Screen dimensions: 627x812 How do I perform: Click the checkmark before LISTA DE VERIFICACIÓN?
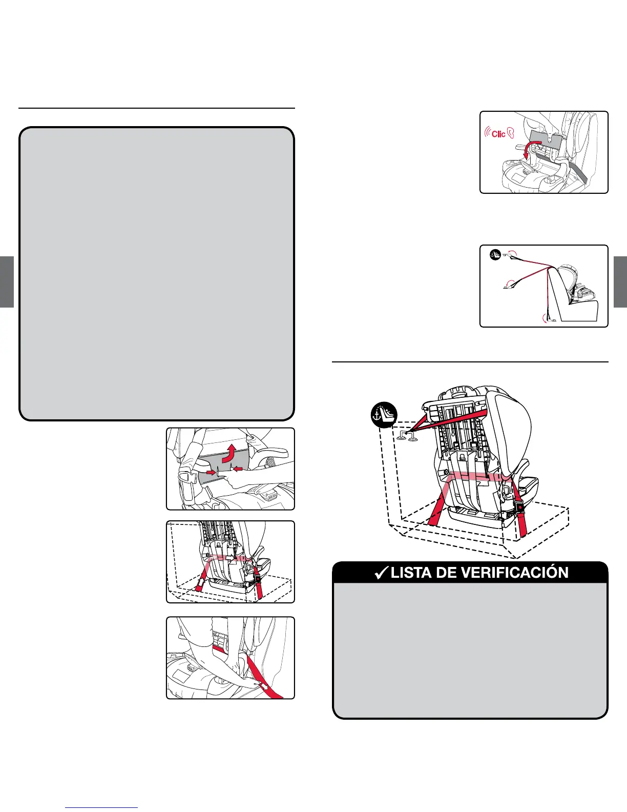[x=381, y=573]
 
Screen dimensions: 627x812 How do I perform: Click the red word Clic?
[x=498, y=134]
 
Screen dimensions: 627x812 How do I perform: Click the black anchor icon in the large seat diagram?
[x=384, y=415]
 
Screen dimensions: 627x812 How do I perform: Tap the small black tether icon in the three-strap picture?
[x=495, y=253]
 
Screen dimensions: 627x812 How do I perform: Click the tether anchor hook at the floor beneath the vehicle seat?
[x=549, y=318]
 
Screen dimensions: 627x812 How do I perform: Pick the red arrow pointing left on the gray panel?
[x=238, y=468]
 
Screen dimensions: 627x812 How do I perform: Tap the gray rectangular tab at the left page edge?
[x=7, y=281]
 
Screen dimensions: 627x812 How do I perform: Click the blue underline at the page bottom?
[x=101, y=808]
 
